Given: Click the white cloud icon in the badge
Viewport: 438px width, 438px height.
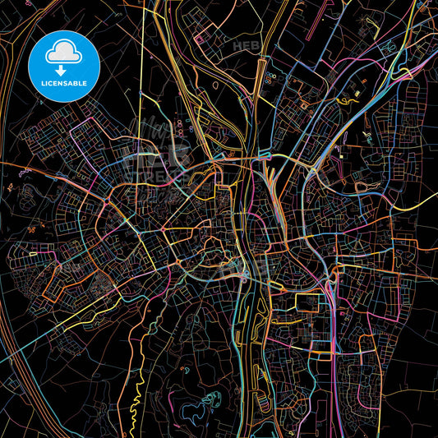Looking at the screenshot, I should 63,51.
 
